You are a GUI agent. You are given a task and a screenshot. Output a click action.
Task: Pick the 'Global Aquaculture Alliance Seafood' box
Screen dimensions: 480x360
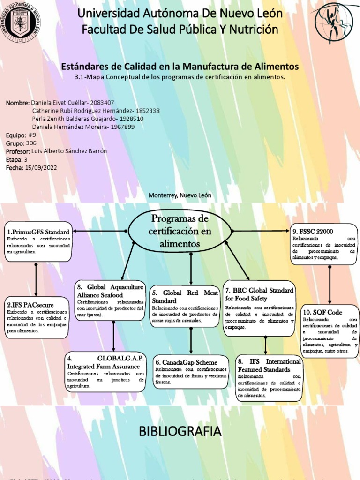coord(111,300)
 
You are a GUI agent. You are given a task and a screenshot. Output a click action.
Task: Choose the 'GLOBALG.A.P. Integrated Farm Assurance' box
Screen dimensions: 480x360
coord(106,373)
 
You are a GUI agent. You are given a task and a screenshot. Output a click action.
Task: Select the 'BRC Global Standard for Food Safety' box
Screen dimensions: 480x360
coord(259,307)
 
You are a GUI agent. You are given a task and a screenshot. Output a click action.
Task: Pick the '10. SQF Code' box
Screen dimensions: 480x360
coord(330,330)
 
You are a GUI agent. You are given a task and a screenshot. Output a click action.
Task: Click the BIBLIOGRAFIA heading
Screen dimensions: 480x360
coord(180,431)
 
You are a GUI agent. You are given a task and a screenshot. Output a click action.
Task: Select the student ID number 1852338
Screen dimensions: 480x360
coord(147,111)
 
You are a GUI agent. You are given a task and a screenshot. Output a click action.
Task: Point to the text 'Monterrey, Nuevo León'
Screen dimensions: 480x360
coord(180,195)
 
